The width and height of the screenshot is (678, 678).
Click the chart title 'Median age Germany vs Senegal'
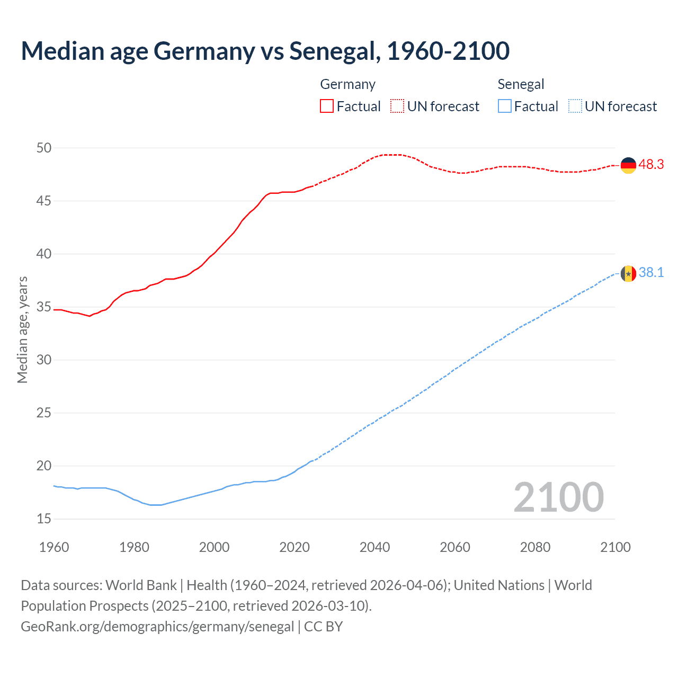click(x=265, y=51)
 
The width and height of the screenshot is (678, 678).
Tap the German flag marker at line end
click(x=628, y=165)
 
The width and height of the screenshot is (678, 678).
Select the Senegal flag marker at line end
click(x=628, y=274)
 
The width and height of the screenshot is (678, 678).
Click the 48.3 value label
click(x=651, y=165)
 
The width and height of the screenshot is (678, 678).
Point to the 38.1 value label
click(x=651, y=273)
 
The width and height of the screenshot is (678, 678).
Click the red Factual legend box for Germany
click(x=327, y=106)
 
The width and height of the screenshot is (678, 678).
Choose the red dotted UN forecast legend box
click(x=397, y=106)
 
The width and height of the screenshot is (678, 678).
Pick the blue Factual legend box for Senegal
click(x=505, y=106)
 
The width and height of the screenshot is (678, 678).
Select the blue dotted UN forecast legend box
click(x=575, y=106)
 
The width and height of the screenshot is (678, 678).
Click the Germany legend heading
click(x=347, y=84)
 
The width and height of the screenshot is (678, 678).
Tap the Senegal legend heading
click(x=521, y=84)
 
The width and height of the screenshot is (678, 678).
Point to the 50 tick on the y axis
click(x=44, y=148)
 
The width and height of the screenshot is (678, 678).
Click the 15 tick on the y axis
click(x=44, y=519)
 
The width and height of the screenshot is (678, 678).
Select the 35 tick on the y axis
click(x=44, y=307)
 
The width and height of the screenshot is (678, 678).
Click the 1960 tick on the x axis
click(x=54, y=547)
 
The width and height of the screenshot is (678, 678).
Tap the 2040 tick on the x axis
click(x=374, y=547)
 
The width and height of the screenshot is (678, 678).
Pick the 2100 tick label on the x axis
click(x=615, y=547)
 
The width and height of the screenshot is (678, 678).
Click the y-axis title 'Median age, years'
click(x=22, y=329)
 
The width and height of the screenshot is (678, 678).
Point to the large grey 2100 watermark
click(x=558, y=497)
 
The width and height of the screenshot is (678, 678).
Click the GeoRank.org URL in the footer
click(x=157, y=627)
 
